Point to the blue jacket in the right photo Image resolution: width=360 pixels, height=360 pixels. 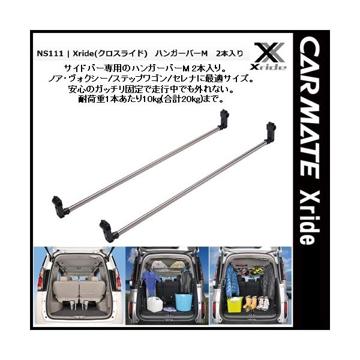[x=231, y=278]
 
